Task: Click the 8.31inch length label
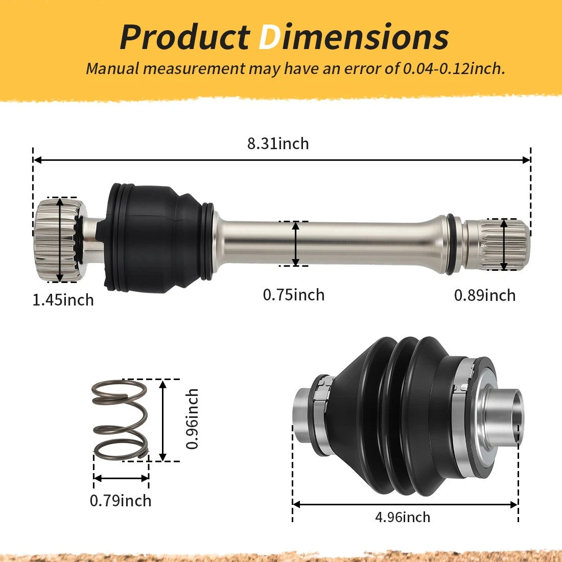(278, 144)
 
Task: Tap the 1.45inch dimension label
(63, 299)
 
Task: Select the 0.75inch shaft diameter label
(294, 295)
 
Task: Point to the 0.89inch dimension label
(484, 295)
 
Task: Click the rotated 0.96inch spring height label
(192, 418)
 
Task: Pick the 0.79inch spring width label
(121, 500)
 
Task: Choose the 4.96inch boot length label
(403, 517)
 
